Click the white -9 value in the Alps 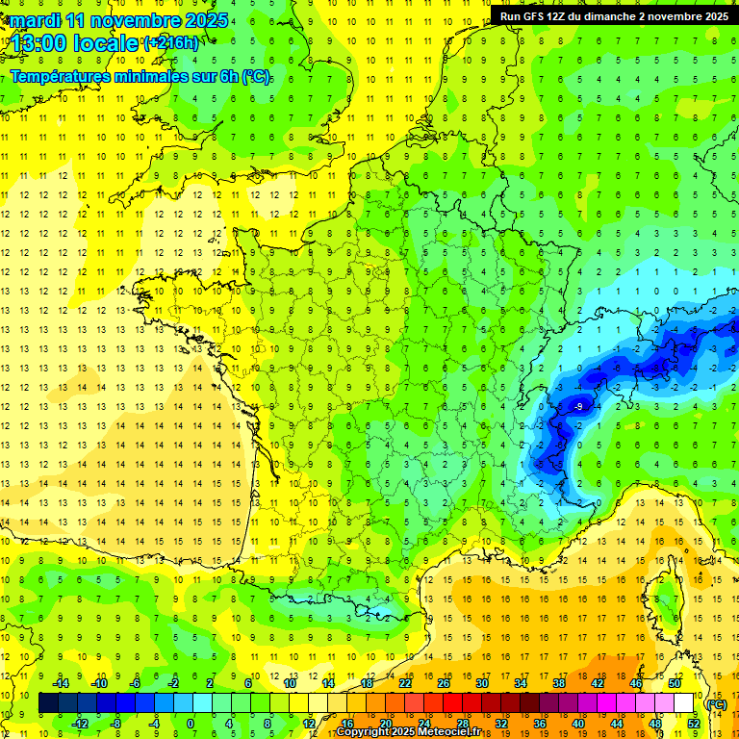577,407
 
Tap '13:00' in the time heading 40,43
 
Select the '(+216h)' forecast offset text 172,43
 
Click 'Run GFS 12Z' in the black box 535,16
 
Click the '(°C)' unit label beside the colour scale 716,704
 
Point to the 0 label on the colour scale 191,724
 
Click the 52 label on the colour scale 693,724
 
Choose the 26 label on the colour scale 443,683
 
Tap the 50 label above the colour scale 674,683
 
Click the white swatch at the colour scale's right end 684,703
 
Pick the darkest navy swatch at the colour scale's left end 48,703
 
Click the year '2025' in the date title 206,20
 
